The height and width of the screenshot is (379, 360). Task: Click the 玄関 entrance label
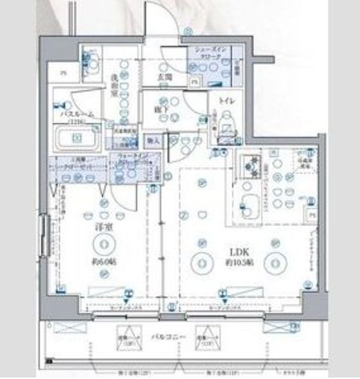tap(164, 75)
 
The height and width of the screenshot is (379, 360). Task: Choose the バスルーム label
tap(75, 114)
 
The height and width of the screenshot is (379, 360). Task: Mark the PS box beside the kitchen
tap(311, 213)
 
